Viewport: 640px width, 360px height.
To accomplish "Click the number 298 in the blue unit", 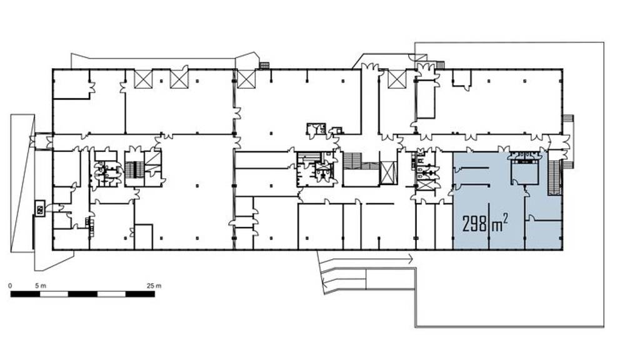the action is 475,224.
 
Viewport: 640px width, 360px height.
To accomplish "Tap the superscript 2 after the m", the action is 506,219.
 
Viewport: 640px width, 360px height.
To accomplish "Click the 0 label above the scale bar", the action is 10,286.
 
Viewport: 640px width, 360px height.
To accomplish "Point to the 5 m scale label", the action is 41,286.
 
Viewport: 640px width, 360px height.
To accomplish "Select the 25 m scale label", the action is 154,286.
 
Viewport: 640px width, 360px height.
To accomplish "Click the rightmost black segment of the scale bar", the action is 140,294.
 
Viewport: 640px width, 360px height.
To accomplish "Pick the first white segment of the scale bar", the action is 54,294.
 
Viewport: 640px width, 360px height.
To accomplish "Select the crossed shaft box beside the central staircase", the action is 388,172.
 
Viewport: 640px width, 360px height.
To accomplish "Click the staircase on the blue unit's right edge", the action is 555,178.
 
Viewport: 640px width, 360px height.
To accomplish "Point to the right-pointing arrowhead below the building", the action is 410,258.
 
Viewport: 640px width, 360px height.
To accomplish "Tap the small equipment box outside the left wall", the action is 40,209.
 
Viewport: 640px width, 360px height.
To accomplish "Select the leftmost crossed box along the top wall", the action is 143,79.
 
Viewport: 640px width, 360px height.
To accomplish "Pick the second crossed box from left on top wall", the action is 179,79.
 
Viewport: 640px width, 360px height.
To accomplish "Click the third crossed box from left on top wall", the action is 246,79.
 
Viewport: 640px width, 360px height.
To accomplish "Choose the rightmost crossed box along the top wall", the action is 397,79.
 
